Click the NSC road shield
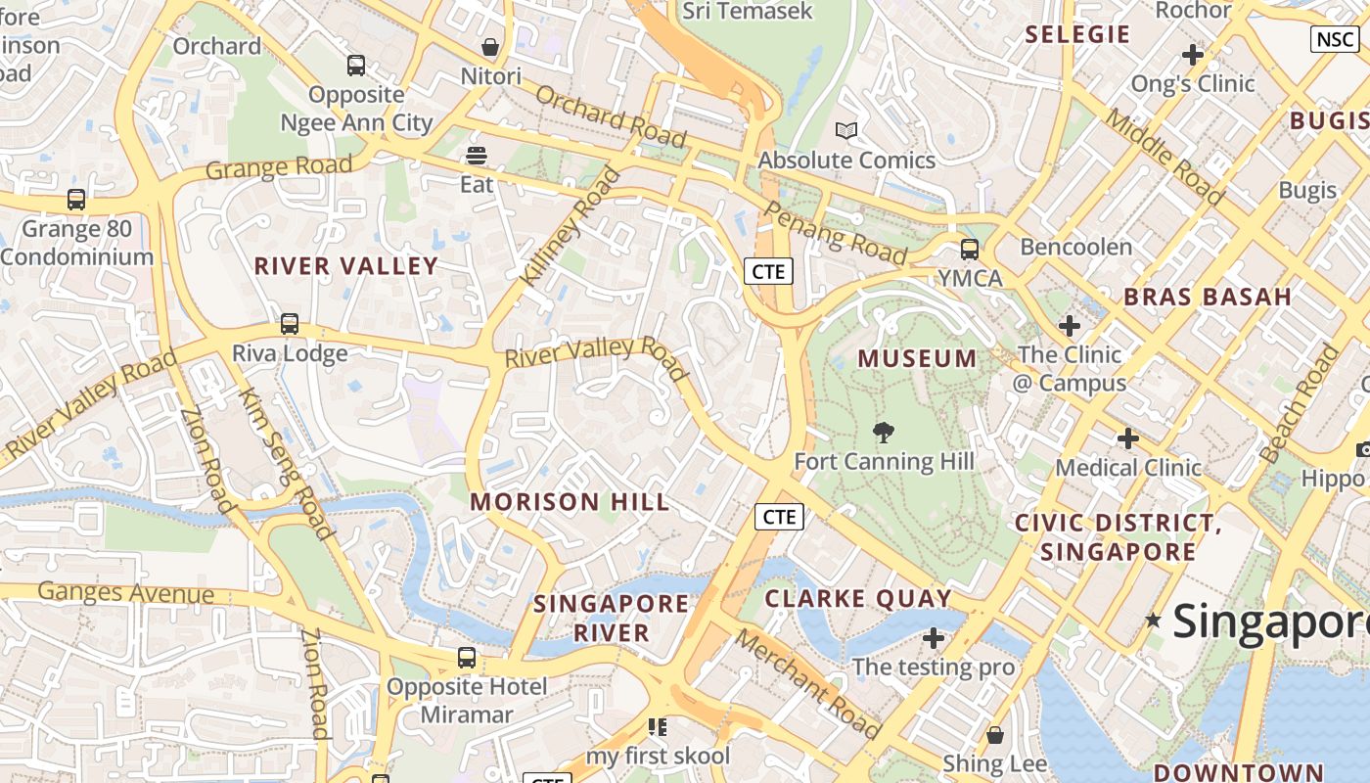(1335, 39)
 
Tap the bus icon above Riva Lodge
(290, 324)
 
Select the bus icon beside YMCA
(969, 250)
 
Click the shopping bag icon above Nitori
(490, 47)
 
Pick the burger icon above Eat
(477, 156)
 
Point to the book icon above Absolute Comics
(846, 130)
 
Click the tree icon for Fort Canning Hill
(884, 433)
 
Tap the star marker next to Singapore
(1154, 620)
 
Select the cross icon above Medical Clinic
(1128, 438)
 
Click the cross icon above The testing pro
(934, 638)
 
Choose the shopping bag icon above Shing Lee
(995, 734)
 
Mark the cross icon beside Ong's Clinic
(1192, 55)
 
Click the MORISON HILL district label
(570, 502)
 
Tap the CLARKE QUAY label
(858, 598)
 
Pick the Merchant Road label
(807, 682)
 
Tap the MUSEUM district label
(917, 359)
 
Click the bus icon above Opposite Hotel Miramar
(467, 658)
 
